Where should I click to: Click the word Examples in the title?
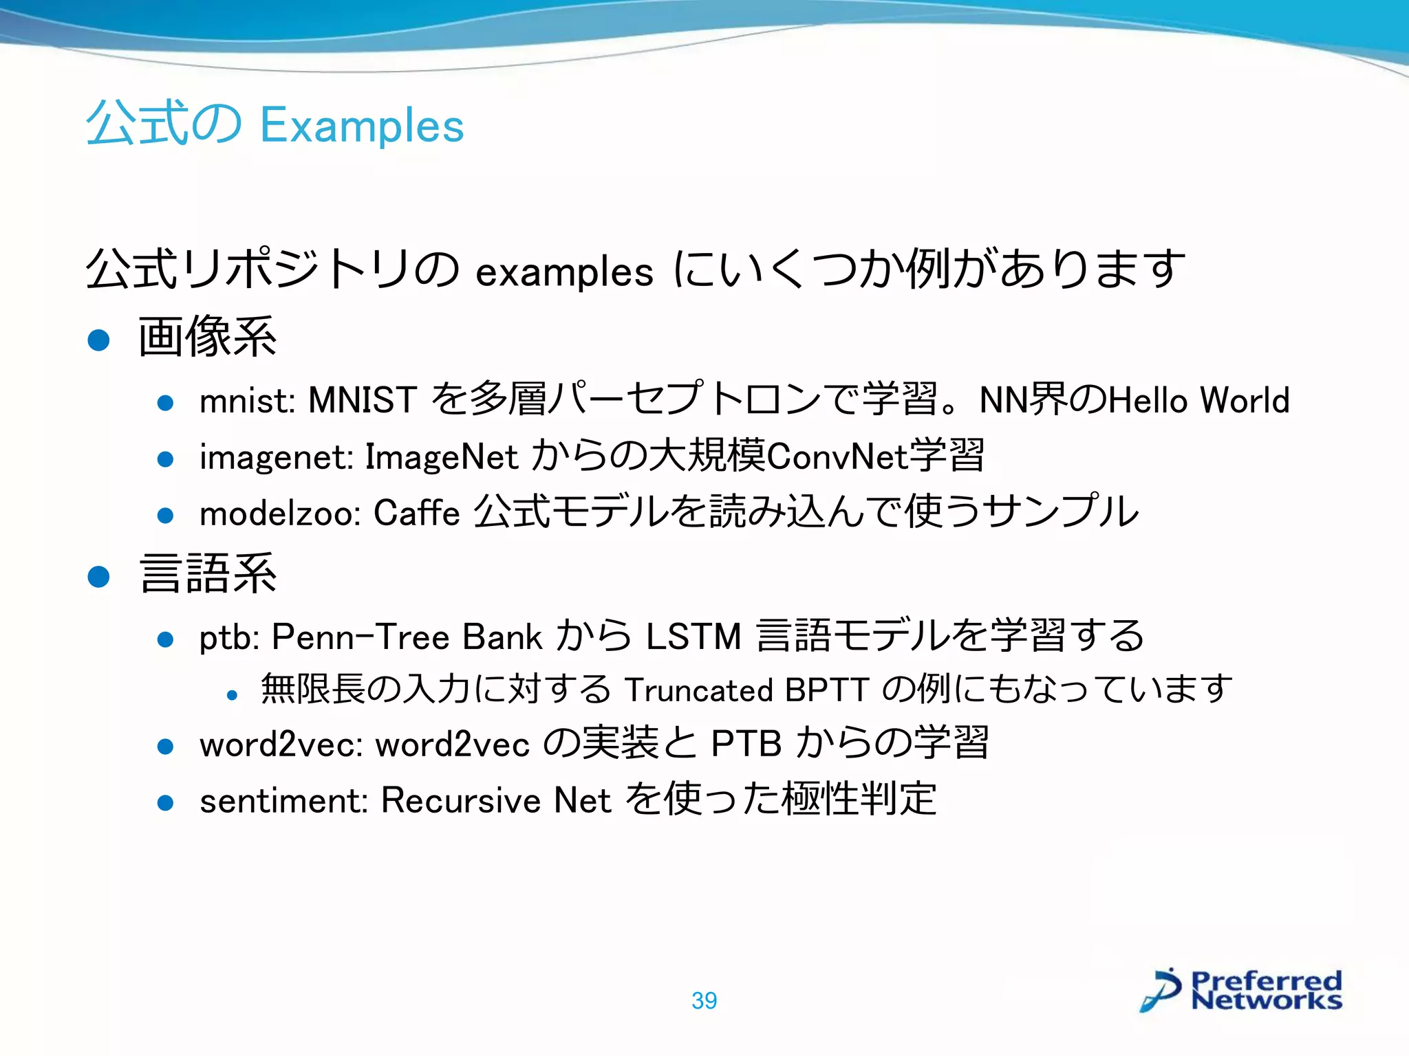(x=362, y=126)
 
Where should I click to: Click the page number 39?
(x=704, y=1001)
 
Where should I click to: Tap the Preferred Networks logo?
(x=1241, y=991)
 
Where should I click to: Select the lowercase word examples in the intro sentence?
(x=564, y=272)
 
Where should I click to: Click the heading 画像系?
(x=207, y=337)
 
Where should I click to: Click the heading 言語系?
(x=207, y=574)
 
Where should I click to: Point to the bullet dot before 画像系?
(x=99, y=340)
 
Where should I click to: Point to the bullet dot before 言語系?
(x=99, y=576)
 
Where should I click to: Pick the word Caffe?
(x=416, y=513)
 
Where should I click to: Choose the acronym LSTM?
(x=693, y=637)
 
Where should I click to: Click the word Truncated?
(x=699, y=690)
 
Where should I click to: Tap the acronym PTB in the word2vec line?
(x=746, y=744)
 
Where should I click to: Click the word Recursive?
(x=461, y=800)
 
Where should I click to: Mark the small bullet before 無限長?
(x=232, y=696)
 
